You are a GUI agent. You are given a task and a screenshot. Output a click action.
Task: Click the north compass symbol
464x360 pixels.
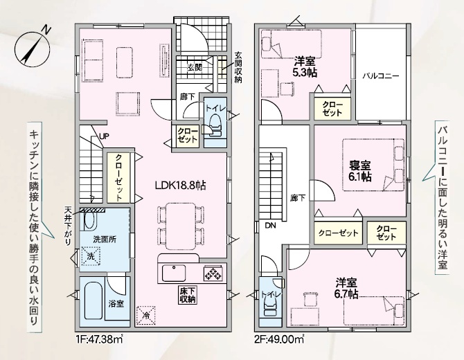tap(32, 48)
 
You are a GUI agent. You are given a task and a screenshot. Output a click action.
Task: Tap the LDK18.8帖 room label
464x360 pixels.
tap(181, 186)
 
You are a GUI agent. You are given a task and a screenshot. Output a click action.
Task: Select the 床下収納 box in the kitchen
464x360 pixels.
tap(187, 295)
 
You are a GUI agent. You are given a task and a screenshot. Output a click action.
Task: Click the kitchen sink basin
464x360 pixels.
tap(174, 273)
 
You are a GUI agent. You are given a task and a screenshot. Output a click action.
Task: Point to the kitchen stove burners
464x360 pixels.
tap(213, 273)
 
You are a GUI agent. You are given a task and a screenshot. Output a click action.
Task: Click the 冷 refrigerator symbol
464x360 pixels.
tap(145, 315)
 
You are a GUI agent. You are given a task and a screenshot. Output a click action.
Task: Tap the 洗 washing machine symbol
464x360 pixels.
tap(91, 256)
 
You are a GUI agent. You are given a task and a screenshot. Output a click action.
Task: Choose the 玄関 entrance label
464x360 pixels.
tap(195, 67)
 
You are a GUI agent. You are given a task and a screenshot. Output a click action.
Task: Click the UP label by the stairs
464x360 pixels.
tap(104, 136)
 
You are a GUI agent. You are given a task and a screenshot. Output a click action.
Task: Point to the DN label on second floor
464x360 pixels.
tap(270, 226)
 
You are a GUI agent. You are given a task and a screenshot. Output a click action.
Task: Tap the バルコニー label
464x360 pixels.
tap(381, 76)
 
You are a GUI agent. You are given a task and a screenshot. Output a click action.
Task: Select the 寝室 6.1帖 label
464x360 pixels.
tap(360, 171)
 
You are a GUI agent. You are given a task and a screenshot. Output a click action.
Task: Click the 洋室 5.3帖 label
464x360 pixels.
tap(304, 67)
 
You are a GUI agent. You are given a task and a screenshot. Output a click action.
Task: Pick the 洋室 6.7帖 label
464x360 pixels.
tap(346, 289)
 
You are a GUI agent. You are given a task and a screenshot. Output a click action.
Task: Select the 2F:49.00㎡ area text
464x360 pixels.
tap(280, 339)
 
